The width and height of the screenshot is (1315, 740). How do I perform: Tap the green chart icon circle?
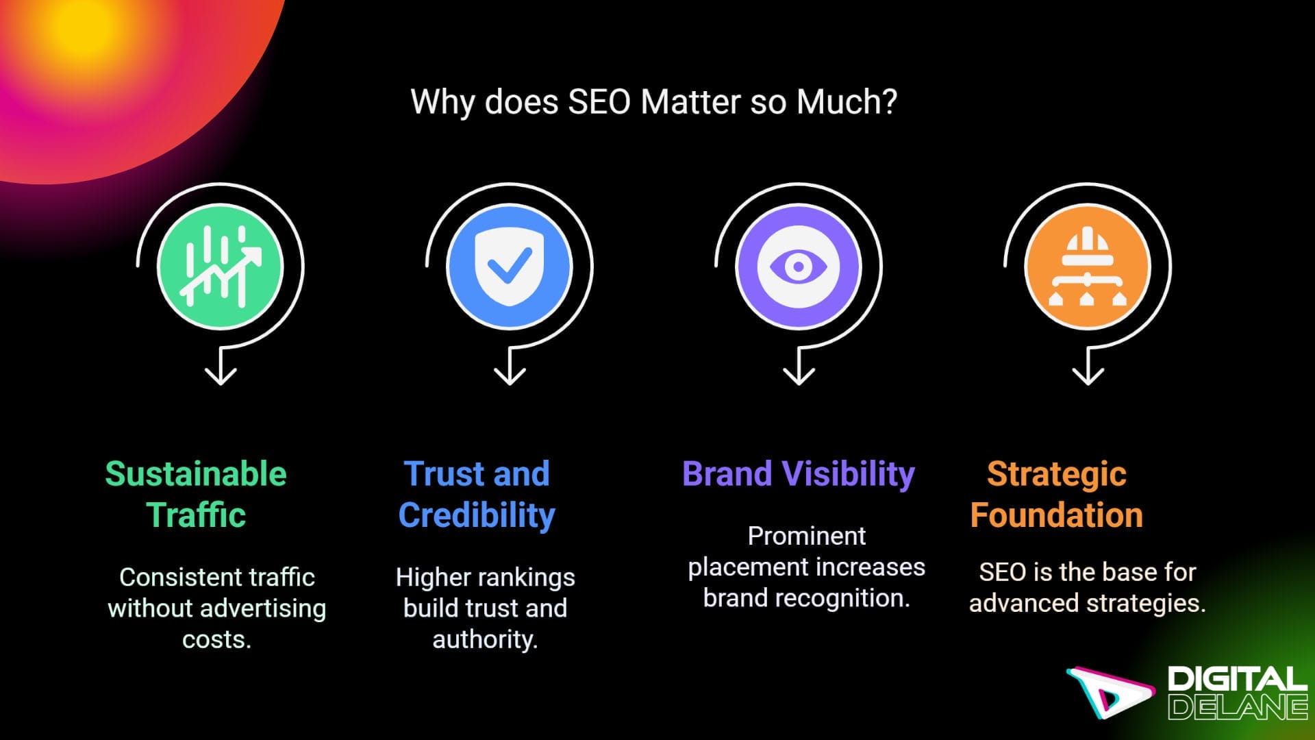[220, 267]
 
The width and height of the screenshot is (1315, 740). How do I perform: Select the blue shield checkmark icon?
[509, 267]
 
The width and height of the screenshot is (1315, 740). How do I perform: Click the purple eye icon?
[798, 267]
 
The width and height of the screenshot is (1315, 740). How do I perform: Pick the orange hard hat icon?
[1087, 267]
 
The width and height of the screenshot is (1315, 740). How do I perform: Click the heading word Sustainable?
[196, 474]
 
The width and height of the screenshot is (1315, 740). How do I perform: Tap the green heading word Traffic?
[196, 515]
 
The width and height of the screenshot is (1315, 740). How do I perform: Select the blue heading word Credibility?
[477, 515]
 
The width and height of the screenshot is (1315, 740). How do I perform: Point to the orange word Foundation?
[1056, 515]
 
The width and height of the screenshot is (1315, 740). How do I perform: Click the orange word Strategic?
[1056, 474]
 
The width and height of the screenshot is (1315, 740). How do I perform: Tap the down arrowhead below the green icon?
[221, 376]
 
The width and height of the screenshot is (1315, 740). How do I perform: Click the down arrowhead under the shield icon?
[510, 376]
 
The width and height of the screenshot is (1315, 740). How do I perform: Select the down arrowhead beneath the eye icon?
[799, 376]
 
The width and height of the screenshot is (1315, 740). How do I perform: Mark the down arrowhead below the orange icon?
[1088, 376]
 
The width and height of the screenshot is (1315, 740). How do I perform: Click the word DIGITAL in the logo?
[1237, 680]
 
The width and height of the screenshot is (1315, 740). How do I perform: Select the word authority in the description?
[485, 640]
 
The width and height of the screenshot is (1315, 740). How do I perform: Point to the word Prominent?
[806, 536]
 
